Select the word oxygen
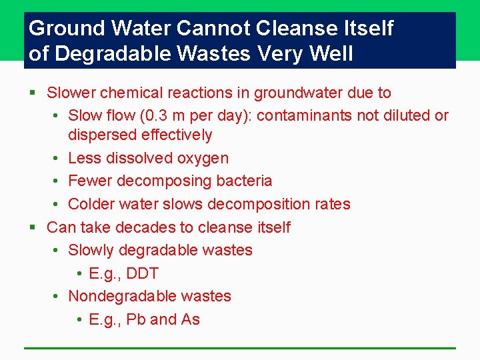point(204,159)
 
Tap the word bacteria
point(245,181)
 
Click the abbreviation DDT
point(142,273)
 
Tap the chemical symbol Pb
point(135,319)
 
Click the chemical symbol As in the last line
point(190,319)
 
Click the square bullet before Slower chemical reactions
point(33,93)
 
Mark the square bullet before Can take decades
point(33,228)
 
